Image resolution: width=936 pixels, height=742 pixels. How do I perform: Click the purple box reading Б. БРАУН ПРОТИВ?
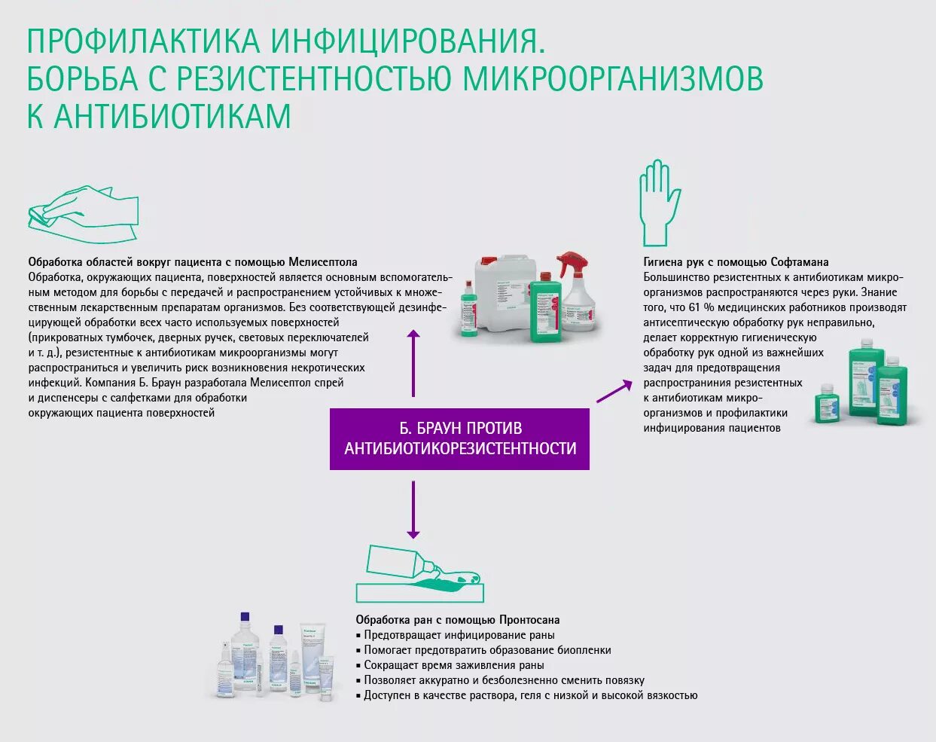pyautogui.click(x=459, y=438)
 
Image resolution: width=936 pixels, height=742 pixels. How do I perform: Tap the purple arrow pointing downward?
pyautogui.click(x=413, y=510)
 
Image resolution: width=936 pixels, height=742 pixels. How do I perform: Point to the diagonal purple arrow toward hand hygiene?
pyautogui.click(x=614, y=392)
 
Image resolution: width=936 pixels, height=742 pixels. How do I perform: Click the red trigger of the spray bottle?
pyautogui.click(x=573, y=264)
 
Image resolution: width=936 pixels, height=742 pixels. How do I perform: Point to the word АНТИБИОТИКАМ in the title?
pyautogui.click(x=172, y=117)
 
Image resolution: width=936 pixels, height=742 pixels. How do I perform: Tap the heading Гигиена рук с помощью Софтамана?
pyautogui.click(x=736, y=262)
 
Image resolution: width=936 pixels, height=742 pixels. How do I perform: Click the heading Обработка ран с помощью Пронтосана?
pyautogui.click(x=458, y=620)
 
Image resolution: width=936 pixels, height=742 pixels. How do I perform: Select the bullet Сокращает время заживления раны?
pyautogui.click(x=453, y=665)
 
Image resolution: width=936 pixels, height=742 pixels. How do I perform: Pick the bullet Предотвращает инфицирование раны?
pyautogui.click(x=459, y=635)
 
